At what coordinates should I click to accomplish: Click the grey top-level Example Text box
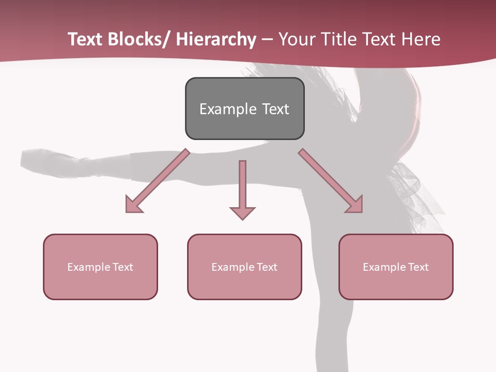click(244, 109)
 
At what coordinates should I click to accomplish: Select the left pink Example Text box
click(100, 267)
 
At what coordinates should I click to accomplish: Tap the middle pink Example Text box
click(244, 267)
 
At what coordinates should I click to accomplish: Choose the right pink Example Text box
click(396, 267)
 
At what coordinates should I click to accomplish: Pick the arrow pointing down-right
click(331, 181)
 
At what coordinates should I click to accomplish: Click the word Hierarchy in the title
click(216, 39)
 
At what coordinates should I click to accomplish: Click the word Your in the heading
click(296, 39)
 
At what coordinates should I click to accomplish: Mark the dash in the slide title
click(267, 39)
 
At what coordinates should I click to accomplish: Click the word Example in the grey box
click(224, 109)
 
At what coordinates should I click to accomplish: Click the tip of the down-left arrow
click(128, 211)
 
